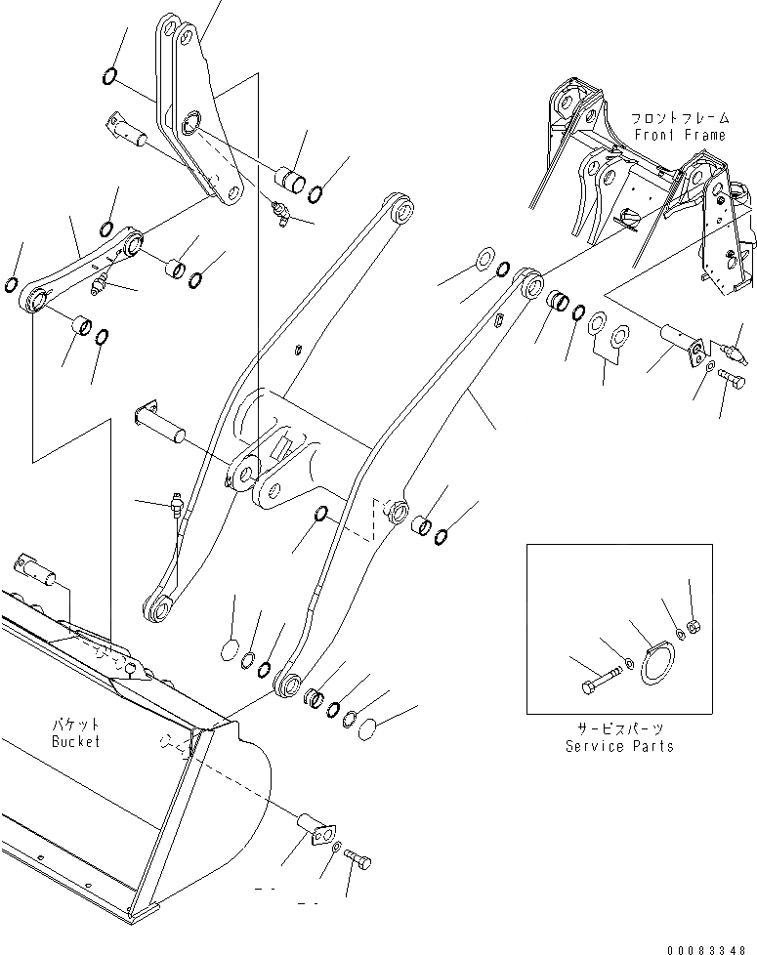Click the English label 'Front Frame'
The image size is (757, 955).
tap(680, 135)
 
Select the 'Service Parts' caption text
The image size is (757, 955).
tap(619, 746)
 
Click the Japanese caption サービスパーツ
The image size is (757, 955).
tap(619, 729)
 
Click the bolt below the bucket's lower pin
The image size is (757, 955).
tap(358, 860)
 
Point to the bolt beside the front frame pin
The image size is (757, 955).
tap(730, 375)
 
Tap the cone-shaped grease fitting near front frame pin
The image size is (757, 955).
tap(737, 347)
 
